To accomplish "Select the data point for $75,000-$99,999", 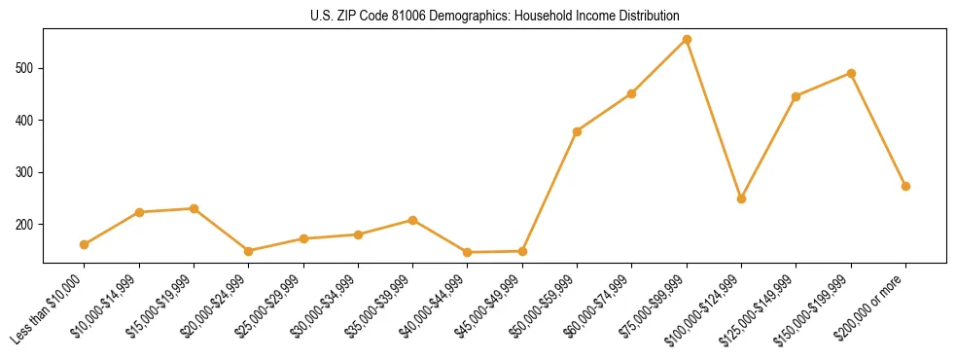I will pos(687,40).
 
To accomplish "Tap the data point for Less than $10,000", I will pos(85,244).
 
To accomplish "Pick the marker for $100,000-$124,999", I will pos(741,198).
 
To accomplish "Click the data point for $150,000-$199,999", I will pos(851,73).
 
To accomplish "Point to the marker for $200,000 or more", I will pos(905,186).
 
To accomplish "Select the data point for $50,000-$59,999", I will pos(578,131).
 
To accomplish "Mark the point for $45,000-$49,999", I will pos(522,251).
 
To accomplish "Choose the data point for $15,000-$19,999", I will pos(194,208).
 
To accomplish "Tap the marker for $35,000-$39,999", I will pos(412,220).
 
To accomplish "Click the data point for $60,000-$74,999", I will pos(632,93).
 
